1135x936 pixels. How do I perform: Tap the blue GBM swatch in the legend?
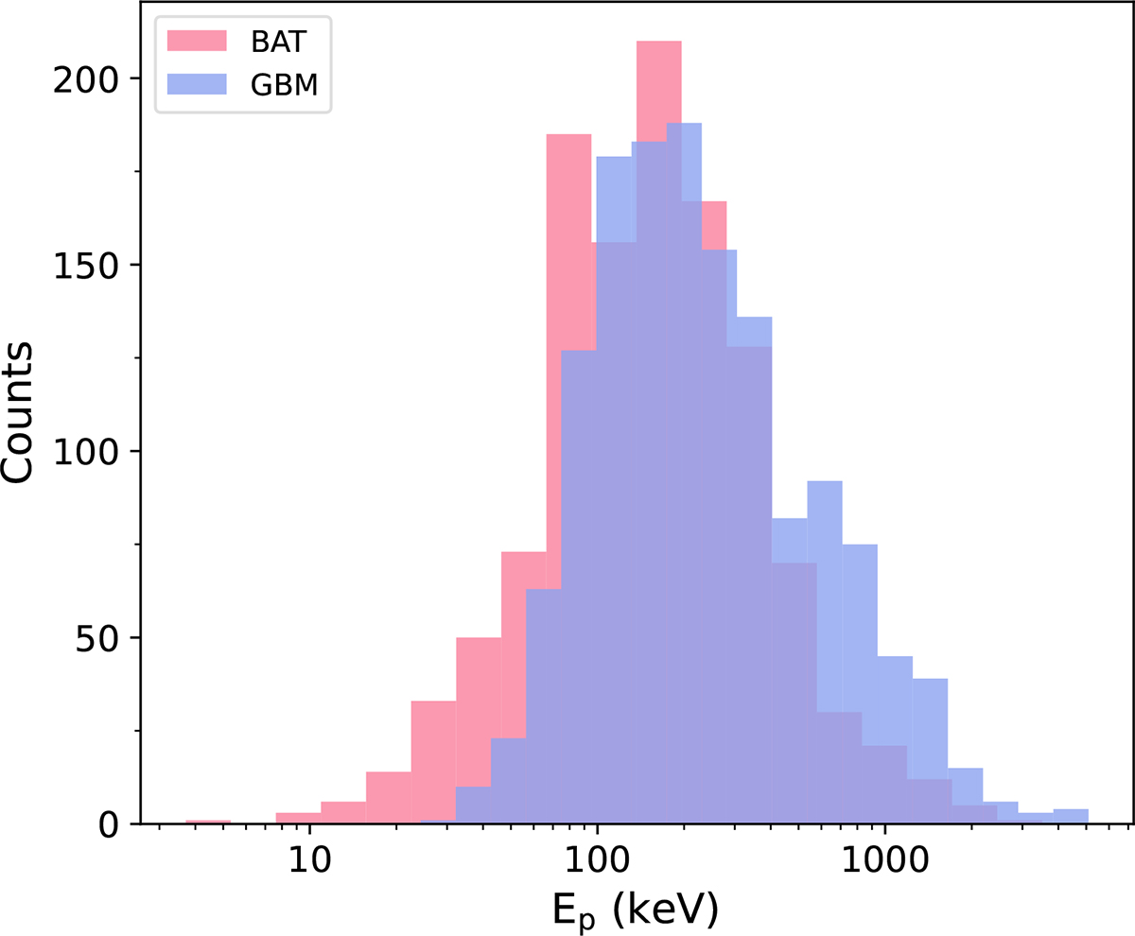[x=198, y=83]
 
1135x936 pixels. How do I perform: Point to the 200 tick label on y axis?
[x=93, y=79]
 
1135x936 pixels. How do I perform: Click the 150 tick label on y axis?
[x=93, y=266]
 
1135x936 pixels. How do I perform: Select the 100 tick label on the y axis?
[x=93, y=452]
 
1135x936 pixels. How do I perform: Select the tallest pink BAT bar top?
[x=658, y=43]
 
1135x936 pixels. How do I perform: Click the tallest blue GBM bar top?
[x=684, y=126]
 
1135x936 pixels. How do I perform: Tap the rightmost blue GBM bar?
[x=1071, y=817]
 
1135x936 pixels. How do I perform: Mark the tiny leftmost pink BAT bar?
[x=208, y=822]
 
